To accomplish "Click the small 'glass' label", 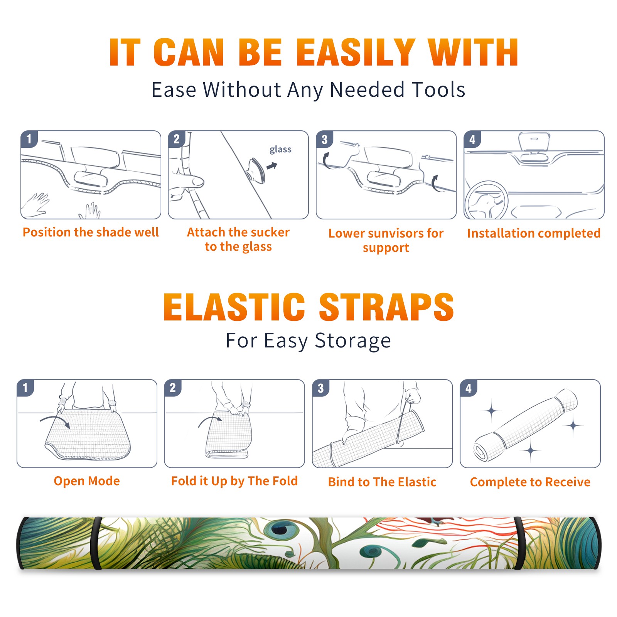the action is click(280, 150).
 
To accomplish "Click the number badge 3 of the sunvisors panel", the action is click(324, 139).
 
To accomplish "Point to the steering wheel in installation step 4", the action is click(487, 201).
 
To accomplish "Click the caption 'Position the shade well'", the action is click(91, 232).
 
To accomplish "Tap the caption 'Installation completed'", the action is click(534, 233).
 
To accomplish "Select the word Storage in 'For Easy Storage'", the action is click(353, 341).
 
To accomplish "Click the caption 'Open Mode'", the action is click(87, 481).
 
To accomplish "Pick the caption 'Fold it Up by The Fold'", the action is click(234, 481).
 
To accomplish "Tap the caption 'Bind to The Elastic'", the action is click(382, 482).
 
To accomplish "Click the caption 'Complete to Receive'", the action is click(530, 482).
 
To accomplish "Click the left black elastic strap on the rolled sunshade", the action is click(97, 543).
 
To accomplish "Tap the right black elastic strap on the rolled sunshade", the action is click(519, 543).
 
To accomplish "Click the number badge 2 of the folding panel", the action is click(173, 388).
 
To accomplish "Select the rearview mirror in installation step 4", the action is click(534, 142).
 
